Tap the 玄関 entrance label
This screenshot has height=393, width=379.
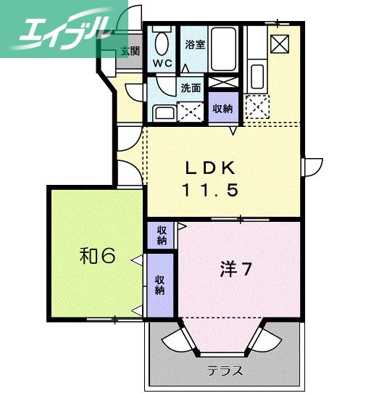(x=130, y=51)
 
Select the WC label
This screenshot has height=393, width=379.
(x=162, y=62)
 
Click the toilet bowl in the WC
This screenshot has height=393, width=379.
(x=162, y=41)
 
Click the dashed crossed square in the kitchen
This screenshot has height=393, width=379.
(x=256, y=107)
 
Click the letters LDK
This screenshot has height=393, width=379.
(x=210, y=169)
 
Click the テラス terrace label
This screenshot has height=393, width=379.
(x=224, y=370)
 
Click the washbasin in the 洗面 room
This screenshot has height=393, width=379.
(x=164, y=112)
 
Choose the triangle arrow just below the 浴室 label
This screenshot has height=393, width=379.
(x=185, y=69)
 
